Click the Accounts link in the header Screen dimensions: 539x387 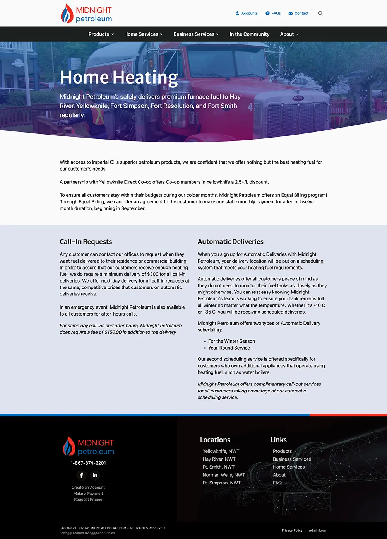pyautogui.click(x=247, y=13)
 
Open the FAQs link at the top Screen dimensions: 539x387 pyautogui.click(x=273, y=13)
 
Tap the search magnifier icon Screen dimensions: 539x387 pyautogui.click(x=320, y=13)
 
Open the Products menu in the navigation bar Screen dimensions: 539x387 pyautogui.click(x=101, y=34)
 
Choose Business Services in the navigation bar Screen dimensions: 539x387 pyautogui.click(x=196, y=34)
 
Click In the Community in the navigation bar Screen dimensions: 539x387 pyautogui.click(x=249, y=34)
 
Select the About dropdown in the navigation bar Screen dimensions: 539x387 pyautogui.click(x=289, y=34)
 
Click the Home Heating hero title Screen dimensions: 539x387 pyautogui.click(x=119, y=77)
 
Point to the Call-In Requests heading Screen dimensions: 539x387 pyautogui.click(x=86, y=242)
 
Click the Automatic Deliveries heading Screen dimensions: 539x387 pyautogui.click(x=230, y=242)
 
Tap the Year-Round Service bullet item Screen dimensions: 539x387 pyautogui.click(x=229, y=348)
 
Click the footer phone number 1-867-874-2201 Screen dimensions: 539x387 pyautogui.click(x=88, y=463)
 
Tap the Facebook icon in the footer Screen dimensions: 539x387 pyautogui.click(x=81, y=475)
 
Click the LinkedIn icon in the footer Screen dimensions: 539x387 pyautogui.click(x=95, y=475)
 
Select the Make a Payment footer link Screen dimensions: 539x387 pyautogui.click(x=88, y=493)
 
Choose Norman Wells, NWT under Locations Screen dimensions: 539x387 pyautogui.click(x=224, y=475)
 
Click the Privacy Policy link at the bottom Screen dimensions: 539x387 pyautogui.click(x=292, y=530)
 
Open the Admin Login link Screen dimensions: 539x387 pyautogui.click(x=318, y=530)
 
